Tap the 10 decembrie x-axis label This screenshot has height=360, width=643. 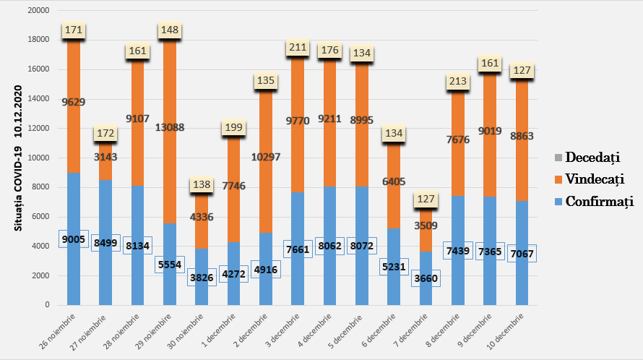507,332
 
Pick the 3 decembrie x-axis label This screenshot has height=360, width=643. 283,332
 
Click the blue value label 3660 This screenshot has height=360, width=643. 425,278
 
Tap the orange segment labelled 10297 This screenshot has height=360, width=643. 266,157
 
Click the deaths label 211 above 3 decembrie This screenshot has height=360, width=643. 298,48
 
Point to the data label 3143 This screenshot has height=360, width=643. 105,156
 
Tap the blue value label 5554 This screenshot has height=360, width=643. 171,265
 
